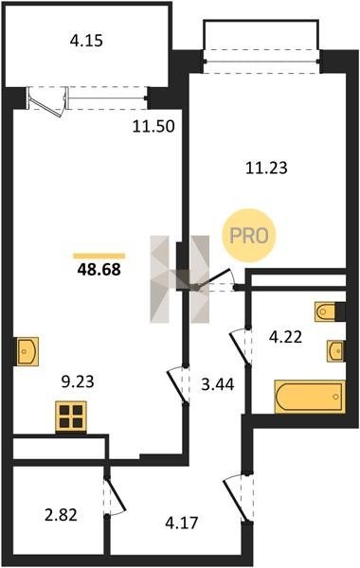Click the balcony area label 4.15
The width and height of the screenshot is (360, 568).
coord(86,41)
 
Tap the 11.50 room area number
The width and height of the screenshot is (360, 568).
coord(153,127)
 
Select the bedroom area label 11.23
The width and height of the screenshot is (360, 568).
coord(266,169)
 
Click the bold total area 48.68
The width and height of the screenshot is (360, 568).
coord(99,270)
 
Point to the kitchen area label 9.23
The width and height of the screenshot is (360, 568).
coord(78,382)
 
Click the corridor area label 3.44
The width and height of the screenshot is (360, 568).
coord(218,384)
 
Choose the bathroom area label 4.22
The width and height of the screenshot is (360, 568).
coord(285,337)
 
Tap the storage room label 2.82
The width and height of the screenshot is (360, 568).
coord(61,515)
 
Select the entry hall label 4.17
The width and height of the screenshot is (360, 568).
coord(182,523)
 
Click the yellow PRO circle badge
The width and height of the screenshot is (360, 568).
coord(249,236)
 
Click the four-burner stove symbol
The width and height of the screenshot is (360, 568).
coord(71,417)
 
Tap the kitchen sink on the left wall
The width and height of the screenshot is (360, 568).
coord(27,351)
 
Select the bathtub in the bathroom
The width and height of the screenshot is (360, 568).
coord(310,397)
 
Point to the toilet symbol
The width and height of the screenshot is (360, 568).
coord(326,311)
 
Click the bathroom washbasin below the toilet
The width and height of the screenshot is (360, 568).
coord(335,351)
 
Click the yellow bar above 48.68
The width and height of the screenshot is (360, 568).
coord(99,257)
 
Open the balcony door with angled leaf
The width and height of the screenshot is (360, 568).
coord(47,102)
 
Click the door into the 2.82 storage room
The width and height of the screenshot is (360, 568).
coord(115,496)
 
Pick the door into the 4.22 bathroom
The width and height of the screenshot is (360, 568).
coord(241,347)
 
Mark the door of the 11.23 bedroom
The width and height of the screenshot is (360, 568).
coord(215,280)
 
